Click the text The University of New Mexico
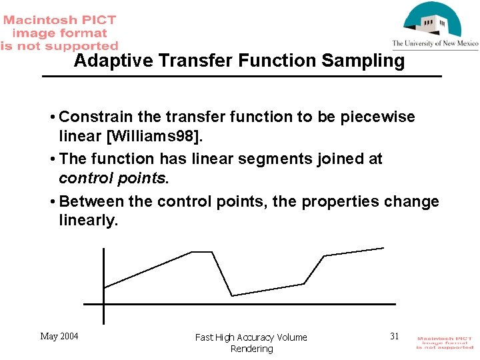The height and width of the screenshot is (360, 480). pyautogui.click(x=435, y=43)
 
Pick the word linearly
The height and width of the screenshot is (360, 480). pyautogui.click(x=87, y=221)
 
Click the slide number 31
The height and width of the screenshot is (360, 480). pyautogui.click(x=394, y=336)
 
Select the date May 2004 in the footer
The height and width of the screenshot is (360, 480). pyautogui.click(x=59, y=336)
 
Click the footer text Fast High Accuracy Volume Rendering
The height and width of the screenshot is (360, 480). pyautogui.click(x=251, y=343)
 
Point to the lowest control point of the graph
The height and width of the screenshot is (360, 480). pyautogui.click(x=232, y=295)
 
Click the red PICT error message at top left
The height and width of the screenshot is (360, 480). pyautogui.click(x=59, y=33)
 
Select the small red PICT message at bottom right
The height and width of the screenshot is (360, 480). pyautogui.click(x=445, y=343)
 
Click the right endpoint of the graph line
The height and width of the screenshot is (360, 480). pyautogui.click(x=384, y=248)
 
